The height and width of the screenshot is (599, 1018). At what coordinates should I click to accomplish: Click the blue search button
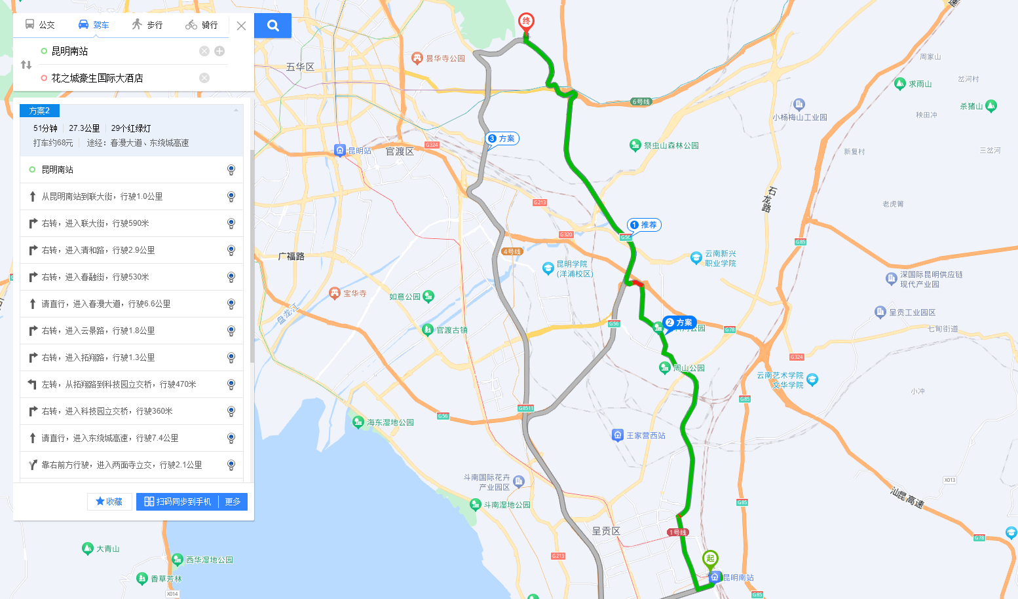click(273, 26)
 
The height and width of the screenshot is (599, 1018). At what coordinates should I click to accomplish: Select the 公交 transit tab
click(40, 25)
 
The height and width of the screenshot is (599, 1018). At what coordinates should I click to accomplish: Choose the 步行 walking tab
click(147, 25)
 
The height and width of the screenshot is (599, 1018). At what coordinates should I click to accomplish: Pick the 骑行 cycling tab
click(202, 25)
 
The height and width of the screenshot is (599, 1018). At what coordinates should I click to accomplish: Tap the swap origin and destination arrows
click(26, 65)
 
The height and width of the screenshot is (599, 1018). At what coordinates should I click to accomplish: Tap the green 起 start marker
click(710, 559)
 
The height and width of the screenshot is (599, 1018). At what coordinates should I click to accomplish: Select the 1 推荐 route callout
click(644, 225)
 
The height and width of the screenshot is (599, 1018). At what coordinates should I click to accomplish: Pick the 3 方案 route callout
click(502, 139)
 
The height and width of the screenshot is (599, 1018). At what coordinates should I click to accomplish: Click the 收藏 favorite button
click(109, 501)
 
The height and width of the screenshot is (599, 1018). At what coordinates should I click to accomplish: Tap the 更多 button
click(233, 501)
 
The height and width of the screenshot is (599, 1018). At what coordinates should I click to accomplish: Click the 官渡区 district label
click(400, 151)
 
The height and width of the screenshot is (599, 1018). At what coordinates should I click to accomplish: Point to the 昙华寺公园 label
click(445, 58)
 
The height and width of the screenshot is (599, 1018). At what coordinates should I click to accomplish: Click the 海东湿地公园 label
click(390, 422)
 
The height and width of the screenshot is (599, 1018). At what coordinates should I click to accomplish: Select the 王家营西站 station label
click(645, 435)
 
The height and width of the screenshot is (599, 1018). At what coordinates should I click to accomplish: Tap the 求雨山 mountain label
click(920, 84)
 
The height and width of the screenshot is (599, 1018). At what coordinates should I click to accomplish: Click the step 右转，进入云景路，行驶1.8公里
click(98, 331)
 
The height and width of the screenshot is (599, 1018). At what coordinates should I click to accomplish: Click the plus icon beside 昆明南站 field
click(219, 51)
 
